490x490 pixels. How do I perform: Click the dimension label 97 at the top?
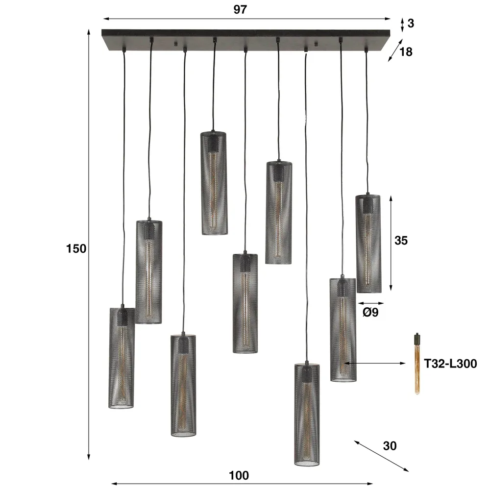(x=240, y=9)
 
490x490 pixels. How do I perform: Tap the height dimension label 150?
(x=76, y=248)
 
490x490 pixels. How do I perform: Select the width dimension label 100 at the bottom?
(x=239, y=475)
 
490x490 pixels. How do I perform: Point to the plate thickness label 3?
(x=411, y=23)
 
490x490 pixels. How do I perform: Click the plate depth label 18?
(x=406, y=51)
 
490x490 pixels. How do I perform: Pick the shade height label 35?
(x=401, y=241)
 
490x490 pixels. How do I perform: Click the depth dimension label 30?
(x=390, y=446)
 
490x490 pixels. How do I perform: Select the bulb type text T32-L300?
(x=450, y=363)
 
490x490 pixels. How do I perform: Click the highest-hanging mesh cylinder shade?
(x=215, y=183)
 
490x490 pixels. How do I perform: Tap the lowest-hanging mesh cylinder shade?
(x=307, y=414)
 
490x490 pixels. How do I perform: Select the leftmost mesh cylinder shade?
(x=122, y=358)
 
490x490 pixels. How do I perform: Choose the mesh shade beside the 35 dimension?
(x=368, y=244)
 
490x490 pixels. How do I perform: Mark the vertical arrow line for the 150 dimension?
(x=89, y=245)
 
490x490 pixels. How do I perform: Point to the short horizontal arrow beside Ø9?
(x=370, y=304)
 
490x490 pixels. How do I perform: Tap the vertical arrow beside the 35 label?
(x=391, y=244)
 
